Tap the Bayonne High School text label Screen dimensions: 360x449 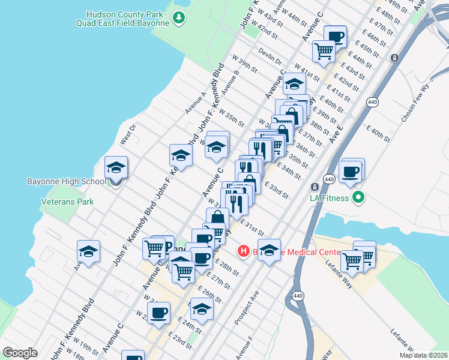(x=67, y=181)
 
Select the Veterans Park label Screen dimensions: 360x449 (x=67, y=202)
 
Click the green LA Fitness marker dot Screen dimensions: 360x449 (x=359, y=197)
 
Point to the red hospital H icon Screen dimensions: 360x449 (x=243, y=251)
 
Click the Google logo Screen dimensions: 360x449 (x=20, y=353)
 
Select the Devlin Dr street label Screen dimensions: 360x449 (x=271, y=58)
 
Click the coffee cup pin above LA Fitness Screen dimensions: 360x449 (x=352, y=171)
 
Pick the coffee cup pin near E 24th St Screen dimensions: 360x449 (x=159, y=313)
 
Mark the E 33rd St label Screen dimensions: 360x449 (x=276, y=191)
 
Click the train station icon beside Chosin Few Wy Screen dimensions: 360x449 (x=394, y=58)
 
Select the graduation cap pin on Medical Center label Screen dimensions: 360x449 (x=269, y=250)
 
